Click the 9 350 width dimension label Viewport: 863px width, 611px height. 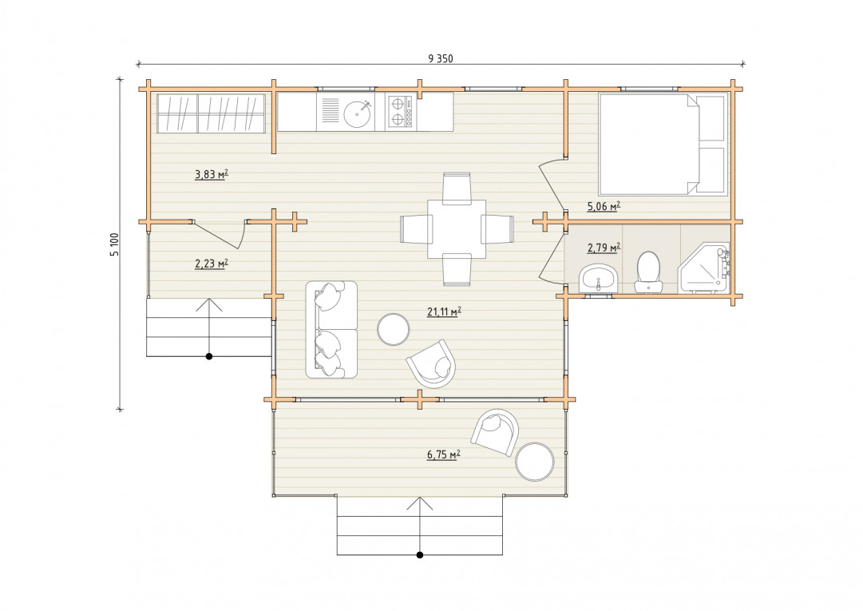(441, 58)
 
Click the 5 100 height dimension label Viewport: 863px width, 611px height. (114, 244)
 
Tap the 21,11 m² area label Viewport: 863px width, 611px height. (444, 312)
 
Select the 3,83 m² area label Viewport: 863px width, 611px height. (212, 175)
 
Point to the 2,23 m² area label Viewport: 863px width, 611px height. (212, 264)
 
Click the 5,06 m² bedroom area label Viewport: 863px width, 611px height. (604, 206)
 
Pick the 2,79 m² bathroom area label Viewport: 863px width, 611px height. (604, 248)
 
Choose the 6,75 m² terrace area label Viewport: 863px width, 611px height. (444, 454)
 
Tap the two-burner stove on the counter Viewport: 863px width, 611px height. (400, 112)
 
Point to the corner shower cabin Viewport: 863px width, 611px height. (704, 268)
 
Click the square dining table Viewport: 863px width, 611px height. (457, 229)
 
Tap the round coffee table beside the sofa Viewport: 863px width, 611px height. (393, 329)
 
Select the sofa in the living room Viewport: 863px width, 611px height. (331, 330)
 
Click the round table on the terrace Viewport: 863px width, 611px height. (535, 462)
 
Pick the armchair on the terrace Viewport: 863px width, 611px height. (495, 433)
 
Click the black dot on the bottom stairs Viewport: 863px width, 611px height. (419, 555)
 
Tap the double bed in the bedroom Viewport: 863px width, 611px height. (663, 145)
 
